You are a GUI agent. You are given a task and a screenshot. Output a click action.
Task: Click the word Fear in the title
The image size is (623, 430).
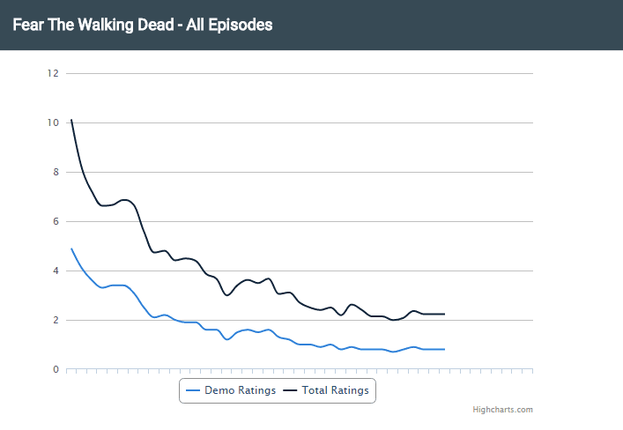point(28,26)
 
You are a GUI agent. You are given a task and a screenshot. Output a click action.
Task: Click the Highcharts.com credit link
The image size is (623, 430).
point(502,410)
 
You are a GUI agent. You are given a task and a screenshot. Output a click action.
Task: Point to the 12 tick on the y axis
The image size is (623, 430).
point(53,73)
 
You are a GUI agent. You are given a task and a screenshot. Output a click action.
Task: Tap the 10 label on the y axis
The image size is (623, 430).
point(53,122)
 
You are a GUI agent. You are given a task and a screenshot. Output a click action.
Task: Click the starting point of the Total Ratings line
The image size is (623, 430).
point(71,120)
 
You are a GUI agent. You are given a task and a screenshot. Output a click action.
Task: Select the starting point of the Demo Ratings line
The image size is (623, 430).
point(71,248)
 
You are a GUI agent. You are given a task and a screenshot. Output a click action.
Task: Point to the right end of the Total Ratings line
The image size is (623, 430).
point(444,314)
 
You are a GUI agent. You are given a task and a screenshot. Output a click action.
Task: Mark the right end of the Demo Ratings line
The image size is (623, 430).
point(444,349)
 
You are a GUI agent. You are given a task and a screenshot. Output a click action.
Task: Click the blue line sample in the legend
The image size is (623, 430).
point(193,389)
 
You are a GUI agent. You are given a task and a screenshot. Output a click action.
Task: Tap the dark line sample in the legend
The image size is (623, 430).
point(290,389)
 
